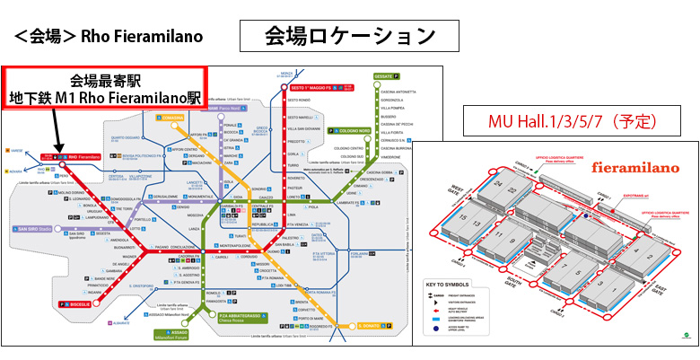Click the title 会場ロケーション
(x=350, y=35)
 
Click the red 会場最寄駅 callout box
(x=104, y=87)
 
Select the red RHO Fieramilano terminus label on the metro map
(x=74, y=156)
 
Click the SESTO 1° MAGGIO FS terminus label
(x=311, y=89)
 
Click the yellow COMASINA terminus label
(x=171, y=117)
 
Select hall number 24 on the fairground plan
(x=496, y=182)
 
